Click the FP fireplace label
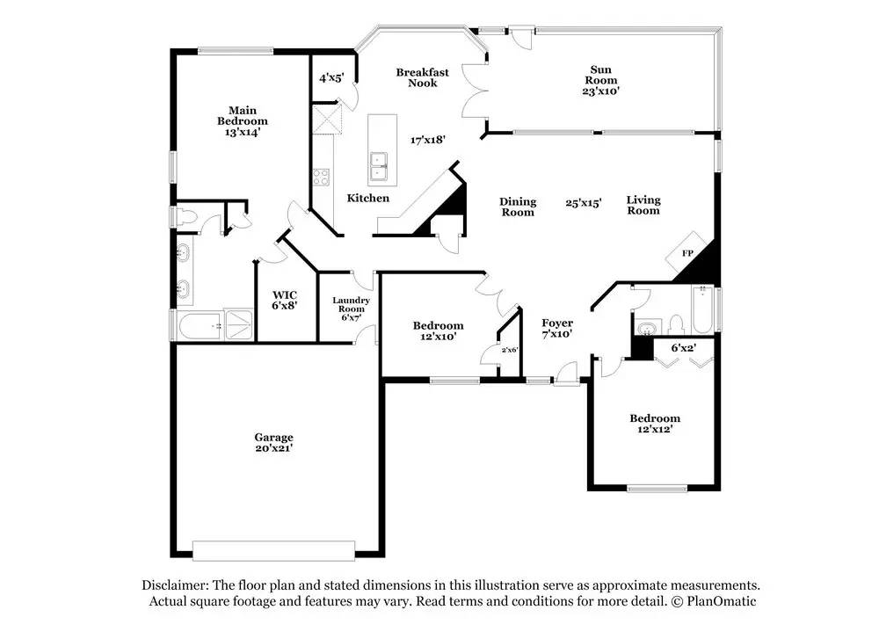coord(688,253)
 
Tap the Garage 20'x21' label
coord(273,442)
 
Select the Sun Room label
coord(600,80)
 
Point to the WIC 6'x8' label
coord(285,300)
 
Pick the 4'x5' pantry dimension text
coord(331,78)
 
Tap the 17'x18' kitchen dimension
coord(428,140)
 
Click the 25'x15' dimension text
coord(584,202)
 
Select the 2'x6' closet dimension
coord(510,350)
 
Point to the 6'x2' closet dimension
coord(683,347)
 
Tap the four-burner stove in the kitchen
coord(321,178)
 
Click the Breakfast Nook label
coord(422,77)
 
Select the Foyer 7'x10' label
coord(557,329)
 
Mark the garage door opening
coord(273,550)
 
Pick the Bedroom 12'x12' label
coord(655,423)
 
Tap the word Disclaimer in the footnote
coord(175,585)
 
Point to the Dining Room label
coord(518,207)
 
